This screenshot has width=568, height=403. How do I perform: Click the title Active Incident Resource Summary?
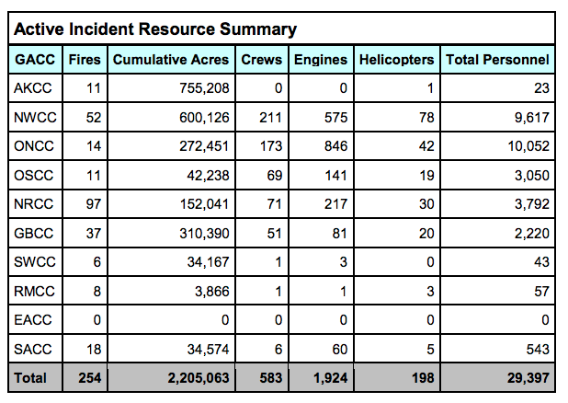pos(155,29)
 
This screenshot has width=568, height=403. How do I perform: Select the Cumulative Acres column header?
pos(171,60)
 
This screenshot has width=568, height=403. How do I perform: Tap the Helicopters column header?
pos(397,60)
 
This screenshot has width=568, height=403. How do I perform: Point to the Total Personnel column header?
pos(498,60)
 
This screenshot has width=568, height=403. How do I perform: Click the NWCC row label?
pos(35,117)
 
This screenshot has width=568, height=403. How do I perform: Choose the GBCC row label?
pos(34,233)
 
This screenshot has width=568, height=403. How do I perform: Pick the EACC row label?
pos(33,320)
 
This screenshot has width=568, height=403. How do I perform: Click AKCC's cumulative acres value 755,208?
pos(205,88)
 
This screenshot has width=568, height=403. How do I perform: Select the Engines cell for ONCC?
pos(335,146)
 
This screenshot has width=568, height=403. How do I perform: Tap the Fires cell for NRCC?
pos(94,204)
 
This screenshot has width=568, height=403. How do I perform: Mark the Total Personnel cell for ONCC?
pos(528,146)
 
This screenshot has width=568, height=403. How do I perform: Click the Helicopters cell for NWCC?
pos(426,117)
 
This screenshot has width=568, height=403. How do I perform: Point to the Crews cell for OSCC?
pos(275,175)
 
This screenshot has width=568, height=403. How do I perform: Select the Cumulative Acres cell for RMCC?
pos(212,292)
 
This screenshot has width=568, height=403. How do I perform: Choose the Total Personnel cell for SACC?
pos(538,350)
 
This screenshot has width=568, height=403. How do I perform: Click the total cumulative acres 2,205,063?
pos(199,378)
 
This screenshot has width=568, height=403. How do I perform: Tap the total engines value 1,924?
pos(331,378)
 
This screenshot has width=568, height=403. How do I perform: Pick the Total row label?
pos(30,378)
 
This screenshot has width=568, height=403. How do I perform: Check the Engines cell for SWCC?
pos(344,262)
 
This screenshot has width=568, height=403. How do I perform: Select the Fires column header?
pos(85,60)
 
